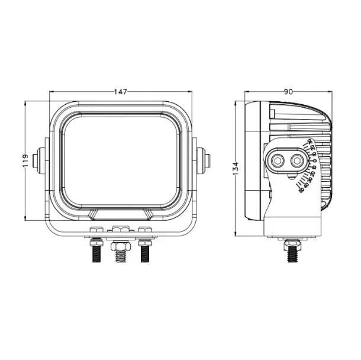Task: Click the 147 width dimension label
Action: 121,92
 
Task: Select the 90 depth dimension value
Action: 288,92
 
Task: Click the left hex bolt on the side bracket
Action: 278,160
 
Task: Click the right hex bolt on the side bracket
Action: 295,160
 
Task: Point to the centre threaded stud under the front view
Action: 121,253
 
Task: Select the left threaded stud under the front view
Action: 95,254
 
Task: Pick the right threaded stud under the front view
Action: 144,254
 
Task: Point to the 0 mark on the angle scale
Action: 315,160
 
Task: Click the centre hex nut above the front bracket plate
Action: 121,229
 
